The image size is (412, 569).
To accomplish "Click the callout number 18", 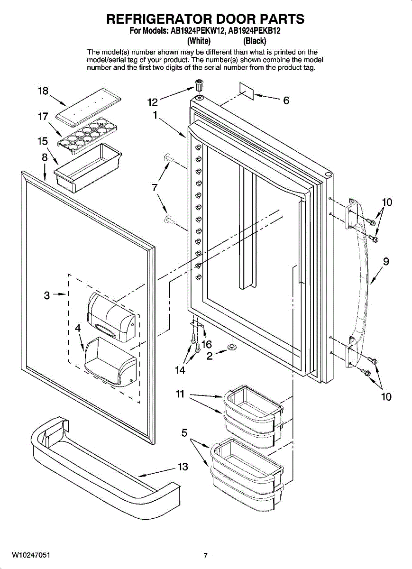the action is pos(43,91).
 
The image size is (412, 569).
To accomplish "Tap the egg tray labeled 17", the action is pos(86,136).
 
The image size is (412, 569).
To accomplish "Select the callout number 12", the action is pos(153,102).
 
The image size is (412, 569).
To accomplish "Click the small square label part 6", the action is pos(247,91).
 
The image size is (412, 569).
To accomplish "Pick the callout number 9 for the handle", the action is pos(386,261).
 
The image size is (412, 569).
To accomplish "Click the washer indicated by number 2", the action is pos(231,347).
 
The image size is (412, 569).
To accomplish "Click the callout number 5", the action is pos(184,432).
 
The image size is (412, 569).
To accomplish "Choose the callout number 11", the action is pos(180,394).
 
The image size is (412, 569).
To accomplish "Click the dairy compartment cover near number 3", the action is pos(111,317).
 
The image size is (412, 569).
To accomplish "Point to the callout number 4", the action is pos(78,329).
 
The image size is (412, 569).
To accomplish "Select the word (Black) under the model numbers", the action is pos(255,41).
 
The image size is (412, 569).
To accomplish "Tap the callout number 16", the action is pos(207,344).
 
